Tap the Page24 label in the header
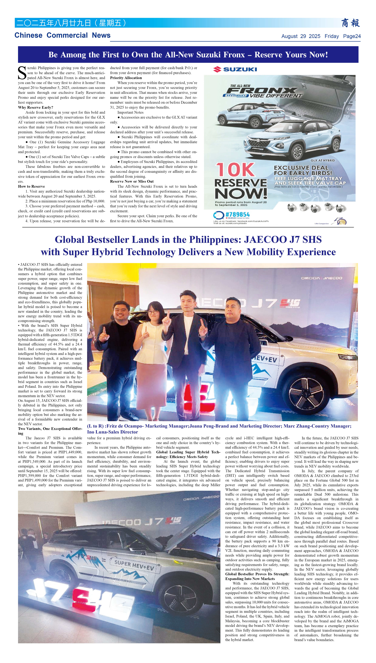click(x=352, y=36)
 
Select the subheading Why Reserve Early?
click(x=35, y=107)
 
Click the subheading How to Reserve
click(x=31, y=186)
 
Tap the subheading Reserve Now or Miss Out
click(x=132, y=181)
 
